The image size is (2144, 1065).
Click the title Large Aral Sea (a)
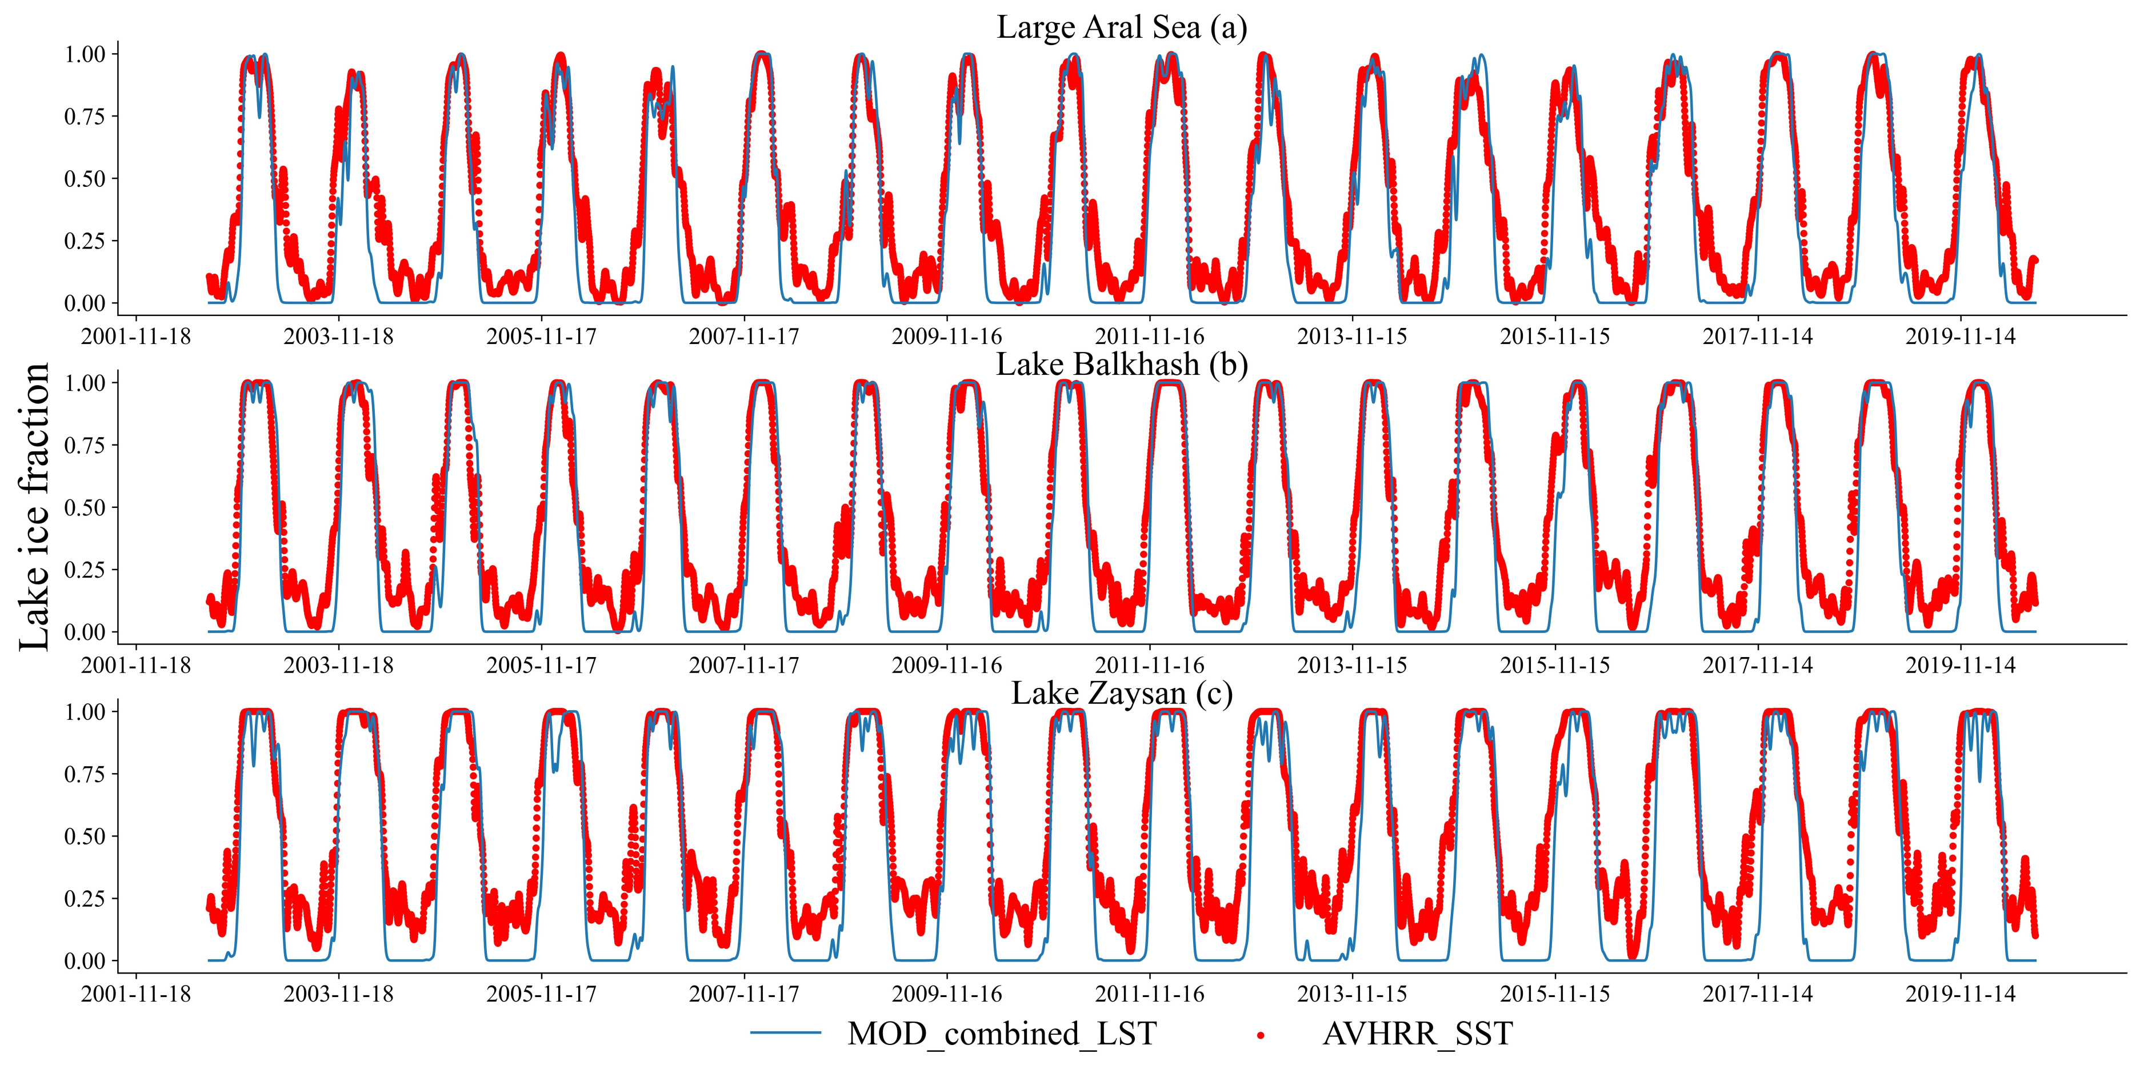pyautogui.click(x=1121, y=27)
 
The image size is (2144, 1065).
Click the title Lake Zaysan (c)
pyautogui.click(x=1121, y=692)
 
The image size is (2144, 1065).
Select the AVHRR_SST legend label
pyautogui.click(x=1417, y=1034)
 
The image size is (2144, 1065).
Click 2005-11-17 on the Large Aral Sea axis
pyautogui.click(x=541, y=337)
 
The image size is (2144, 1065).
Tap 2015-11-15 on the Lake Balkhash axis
pyautogui.click(x=1555, y=666)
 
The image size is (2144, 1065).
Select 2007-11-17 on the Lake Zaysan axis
pyautogui.click(x=743, y=994)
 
